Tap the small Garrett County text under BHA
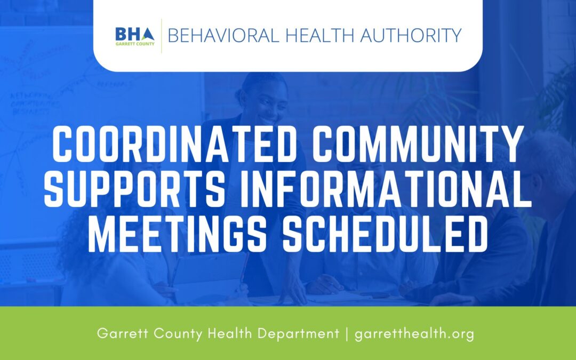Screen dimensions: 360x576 135,44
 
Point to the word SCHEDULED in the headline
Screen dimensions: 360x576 385,235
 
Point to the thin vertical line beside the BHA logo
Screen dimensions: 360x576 161,36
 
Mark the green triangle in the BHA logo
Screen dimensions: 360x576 149,35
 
